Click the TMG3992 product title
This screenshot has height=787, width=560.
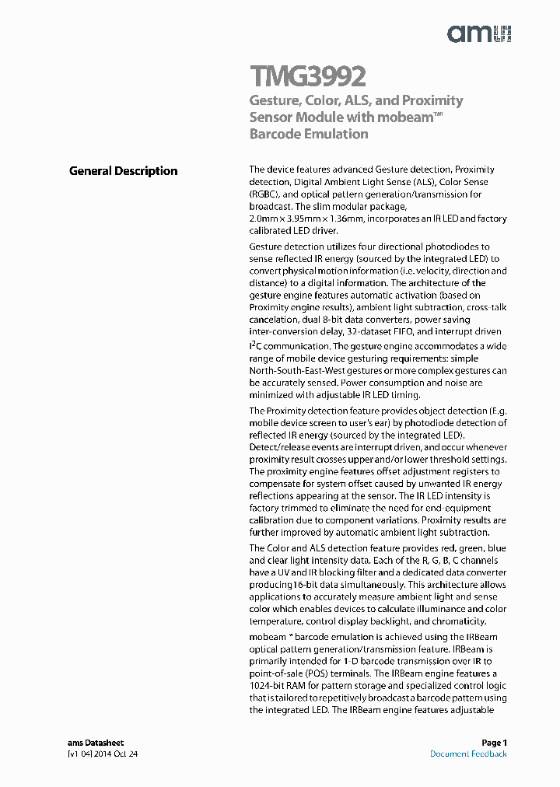tap(307, 77)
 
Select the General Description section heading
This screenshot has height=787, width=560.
tap(123, 171)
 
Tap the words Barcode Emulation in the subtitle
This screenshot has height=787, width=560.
tap(309, 134)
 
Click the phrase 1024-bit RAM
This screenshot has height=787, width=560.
tap(279, 685)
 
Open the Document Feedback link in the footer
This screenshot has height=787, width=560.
tap(468, 754)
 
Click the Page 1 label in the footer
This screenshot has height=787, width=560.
tap(494, 743)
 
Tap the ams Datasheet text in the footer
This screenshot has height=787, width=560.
tap(96, 743)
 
